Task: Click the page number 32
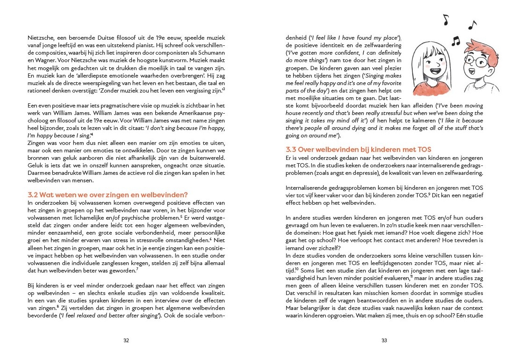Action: [x=126, y=340]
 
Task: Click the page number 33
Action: [x=384, y=340]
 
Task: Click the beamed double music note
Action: [x=455, y=41]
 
